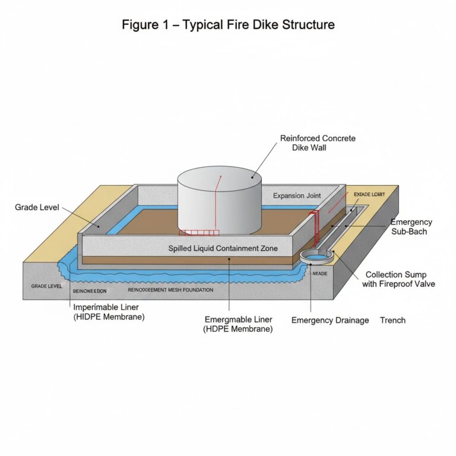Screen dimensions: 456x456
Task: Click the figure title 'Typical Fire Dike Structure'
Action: [228, 25]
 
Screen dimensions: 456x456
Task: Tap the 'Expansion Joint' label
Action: [297, 196]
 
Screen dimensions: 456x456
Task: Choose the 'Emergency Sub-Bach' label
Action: [411, 227]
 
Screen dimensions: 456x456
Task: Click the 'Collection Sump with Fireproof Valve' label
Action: [400, 279]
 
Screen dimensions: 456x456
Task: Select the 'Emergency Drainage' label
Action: [330, 320]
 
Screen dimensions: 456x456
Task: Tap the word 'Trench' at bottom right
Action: [392, 320]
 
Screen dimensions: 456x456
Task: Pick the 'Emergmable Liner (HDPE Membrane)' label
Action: [238, 324]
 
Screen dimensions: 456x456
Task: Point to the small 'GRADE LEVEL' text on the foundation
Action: [46, 286]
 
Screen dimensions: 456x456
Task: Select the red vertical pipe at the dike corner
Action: [315, 229]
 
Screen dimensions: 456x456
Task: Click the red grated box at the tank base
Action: [198, 232]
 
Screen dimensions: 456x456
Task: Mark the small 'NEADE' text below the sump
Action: [319, 274]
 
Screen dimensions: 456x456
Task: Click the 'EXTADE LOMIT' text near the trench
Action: [369, 194]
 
